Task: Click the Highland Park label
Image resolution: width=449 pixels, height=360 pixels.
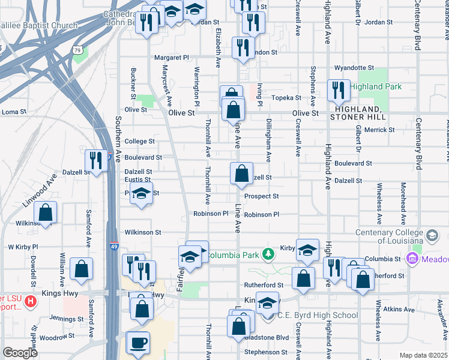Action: [x=375, y=86]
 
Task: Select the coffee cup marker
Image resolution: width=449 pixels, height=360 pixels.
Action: [x=139, y=343]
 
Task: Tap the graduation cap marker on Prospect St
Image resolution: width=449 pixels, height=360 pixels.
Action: [x=141, y=195]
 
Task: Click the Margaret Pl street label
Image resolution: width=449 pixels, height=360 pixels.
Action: [x=172, y=58]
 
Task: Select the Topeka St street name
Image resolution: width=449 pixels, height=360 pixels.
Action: [x=286, y=97]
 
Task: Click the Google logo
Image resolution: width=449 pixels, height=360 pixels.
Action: [x=20, y=352]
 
